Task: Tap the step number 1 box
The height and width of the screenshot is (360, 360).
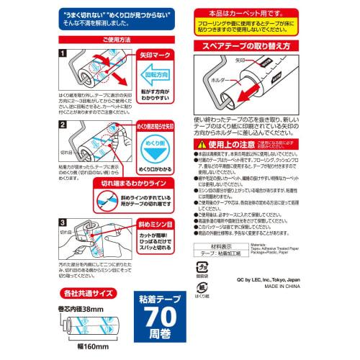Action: pyautogui.click(x=63, y=53)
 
